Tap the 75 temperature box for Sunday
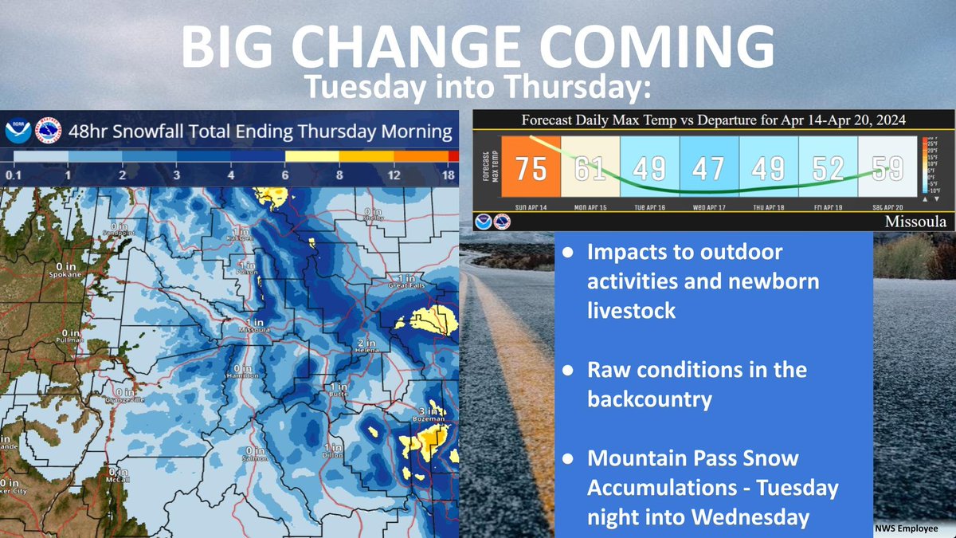click(531, 168)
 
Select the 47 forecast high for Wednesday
click(709, 168)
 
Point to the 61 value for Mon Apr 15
click(590, 168)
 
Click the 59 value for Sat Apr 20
click(887, 168)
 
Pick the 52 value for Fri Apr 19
click(828, 168)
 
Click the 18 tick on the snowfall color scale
click(449, 175)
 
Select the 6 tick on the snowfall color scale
click(285, 175)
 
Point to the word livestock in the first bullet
click(631, 311)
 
